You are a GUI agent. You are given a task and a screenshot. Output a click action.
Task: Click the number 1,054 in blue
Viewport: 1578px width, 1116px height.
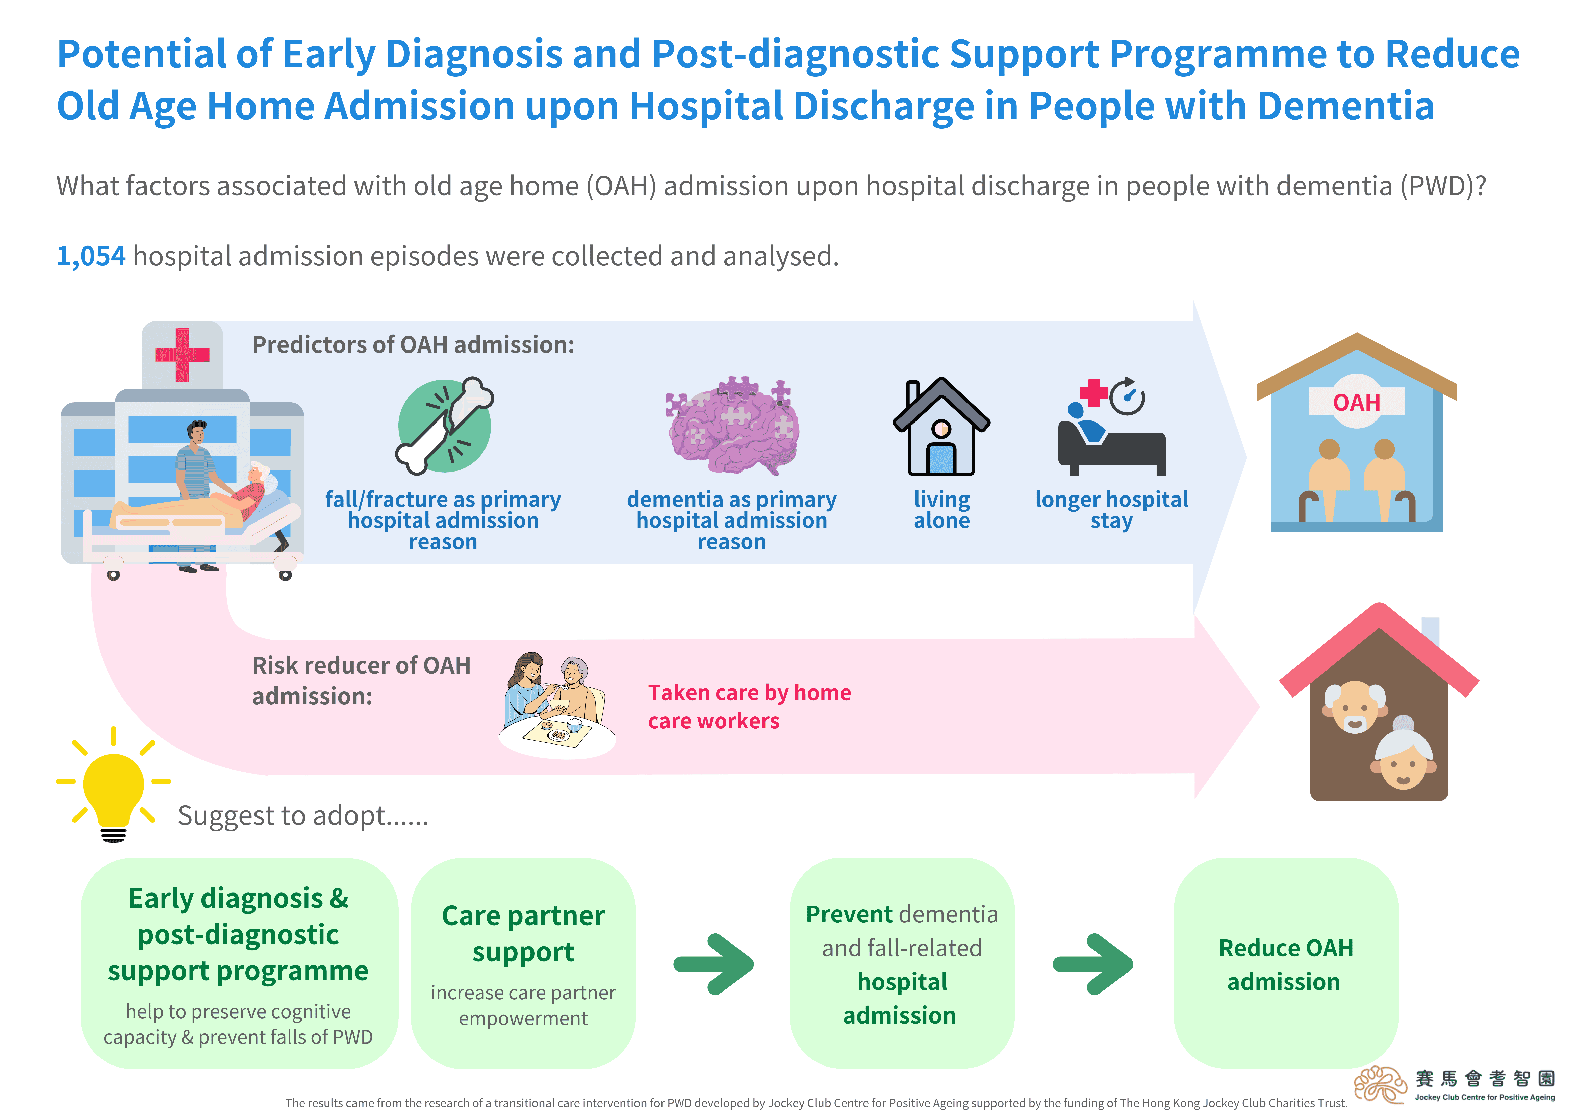[x=91, y=257]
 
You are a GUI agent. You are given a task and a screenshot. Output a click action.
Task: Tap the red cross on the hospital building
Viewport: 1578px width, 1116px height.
[x=182, y=355]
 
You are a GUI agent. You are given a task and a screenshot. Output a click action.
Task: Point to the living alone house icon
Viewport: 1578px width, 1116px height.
[x=941, y=428]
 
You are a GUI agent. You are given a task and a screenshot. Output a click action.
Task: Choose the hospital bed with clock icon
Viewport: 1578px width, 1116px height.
[x=1111, y=428]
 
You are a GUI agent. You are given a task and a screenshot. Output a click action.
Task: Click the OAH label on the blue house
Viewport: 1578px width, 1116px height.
[x=1356, y=402]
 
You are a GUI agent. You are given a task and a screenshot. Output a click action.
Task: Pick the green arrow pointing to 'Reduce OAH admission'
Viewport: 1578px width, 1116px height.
[x=1093, y=964]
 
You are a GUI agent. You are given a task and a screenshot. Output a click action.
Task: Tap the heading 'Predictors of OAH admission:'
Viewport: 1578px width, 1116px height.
[x=413, y=344]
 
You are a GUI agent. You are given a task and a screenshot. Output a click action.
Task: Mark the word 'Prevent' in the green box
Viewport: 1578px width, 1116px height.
[x=849, y=914]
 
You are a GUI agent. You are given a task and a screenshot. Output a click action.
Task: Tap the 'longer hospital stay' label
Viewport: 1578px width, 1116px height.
[x=1111, y=510]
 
